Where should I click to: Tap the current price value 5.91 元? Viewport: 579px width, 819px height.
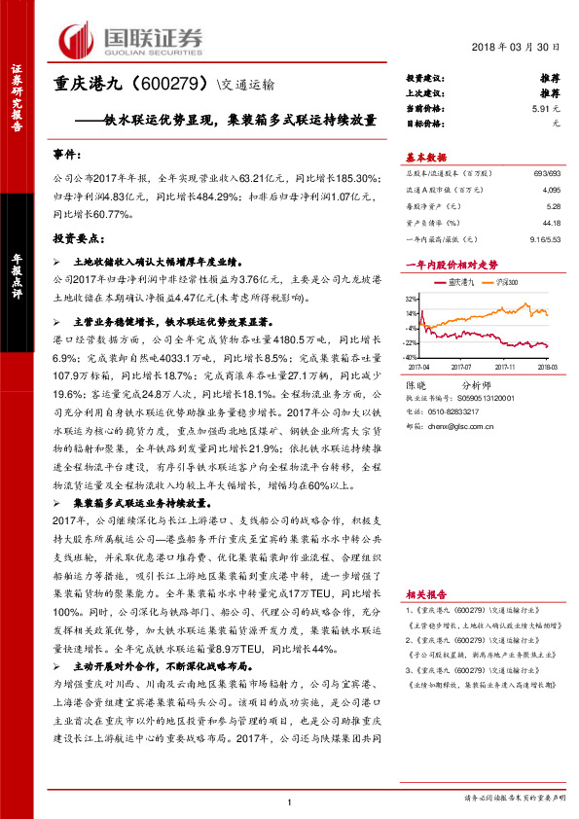click(x=546, y=110)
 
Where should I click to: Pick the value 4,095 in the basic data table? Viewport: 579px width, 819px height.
click(x=551, y=190)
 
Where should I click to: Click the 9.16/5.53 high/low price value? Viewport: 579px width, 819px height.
click(x=544, y=239)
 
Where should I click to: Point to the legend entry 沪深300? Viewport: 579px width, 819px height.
click(x=506, y=282)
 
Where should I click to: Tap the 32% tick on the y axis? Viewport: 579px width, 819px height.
click(x=414, y=298)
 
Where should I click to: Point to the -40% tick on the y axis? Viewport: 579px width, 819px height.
click(x=413, y=357)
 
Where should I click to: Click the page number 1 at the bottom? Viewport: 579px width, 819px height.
click(x=290, y=800)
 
